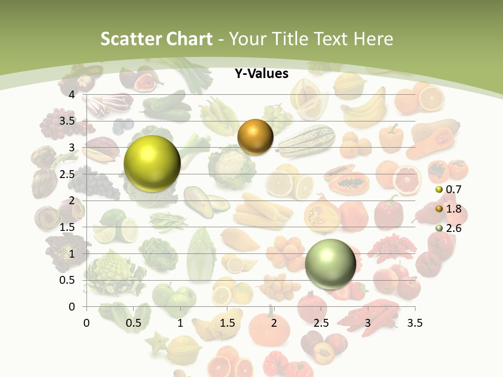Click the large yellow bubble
(152, 163)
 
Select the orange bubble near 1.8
(255, 137)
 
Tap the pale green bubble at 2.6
(330, 264)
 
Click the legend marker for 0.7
(439, 190)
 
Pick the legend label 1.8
(453, 209)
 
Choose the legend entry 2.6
(453, 228)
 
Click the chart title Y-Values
(261, 74)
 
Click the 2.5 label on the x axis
(321, 323)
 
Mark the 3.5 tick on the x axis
(414, 323)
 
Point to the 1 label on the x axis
(180, 323)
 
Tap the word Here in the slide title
(373, 39)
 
